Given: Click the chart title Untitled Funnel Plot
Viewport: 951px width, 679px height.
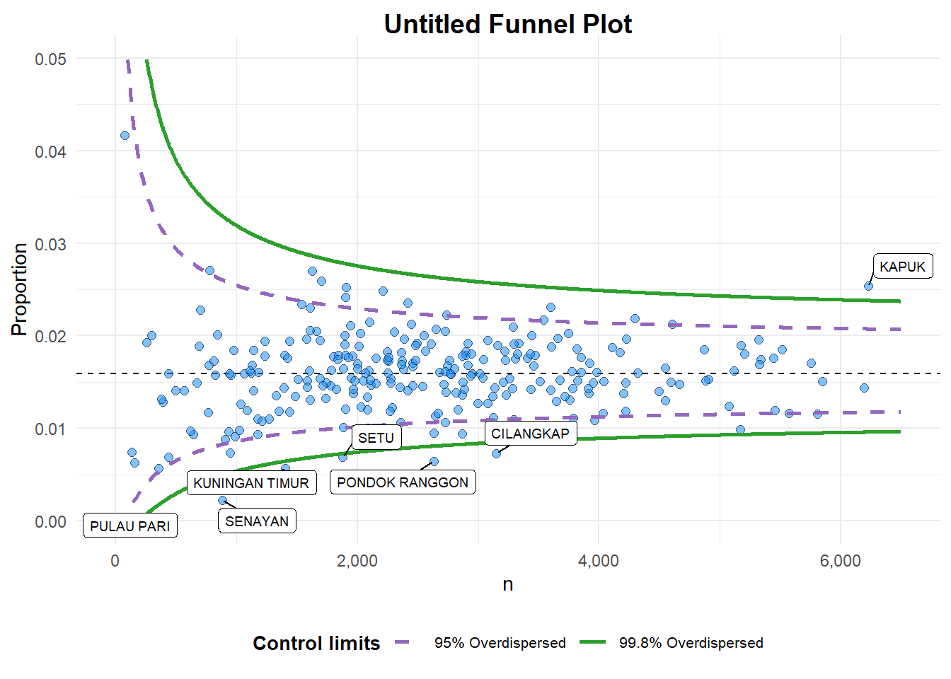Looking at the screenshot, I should coord(507,24).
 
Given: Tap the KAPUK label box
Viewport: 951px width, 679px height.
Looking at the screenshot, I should coord(902,267).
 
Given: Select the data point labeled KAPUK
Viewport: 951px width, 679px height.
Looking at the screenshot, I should coord(868,286).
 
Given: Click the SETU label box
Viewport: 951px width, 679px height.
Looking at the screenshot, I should coord(376,438).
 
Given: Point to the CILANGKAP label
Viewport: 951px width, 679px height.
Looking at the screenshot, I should coord(530,434).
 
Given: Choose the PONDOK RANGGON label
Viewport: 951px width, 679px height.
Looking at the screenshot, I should coord(403,482).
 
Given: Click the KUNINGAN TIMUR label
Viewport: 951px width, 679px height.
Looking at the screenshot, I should coord(251,483).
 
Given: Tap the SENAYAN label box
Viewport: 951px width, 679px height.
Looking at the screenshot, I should coord(257,521).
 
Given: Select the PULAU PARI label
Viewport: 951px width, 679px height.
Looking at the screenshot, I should coord(130,526).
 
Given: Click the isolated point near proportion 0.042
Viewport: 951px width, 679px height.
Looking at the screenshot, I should coord(125,135).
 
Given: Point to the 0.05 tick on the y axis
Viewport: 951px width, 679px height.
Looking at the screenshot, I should coord(51,59).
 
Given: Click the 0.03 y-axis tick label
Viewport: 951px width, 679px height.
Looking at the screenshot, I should coord(51,244).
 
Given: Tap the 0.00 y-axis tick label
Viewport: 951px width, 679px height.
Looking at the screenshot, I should coord(51,522).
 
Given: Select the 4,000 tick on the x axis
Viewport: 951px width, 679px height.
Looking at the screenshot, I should coord(599,562).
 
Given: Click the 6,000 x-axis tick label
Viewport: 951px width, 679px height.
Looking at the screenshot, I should coord(841,562).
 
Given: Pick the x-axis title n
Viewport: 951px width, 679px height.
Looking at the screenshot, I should coord(507,585).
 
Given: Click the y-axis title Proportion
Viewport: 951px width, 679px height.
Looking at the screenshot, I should coord(19,289).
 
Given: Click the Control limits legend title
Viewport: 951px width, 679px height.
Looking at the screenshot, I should coord(316,643).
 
